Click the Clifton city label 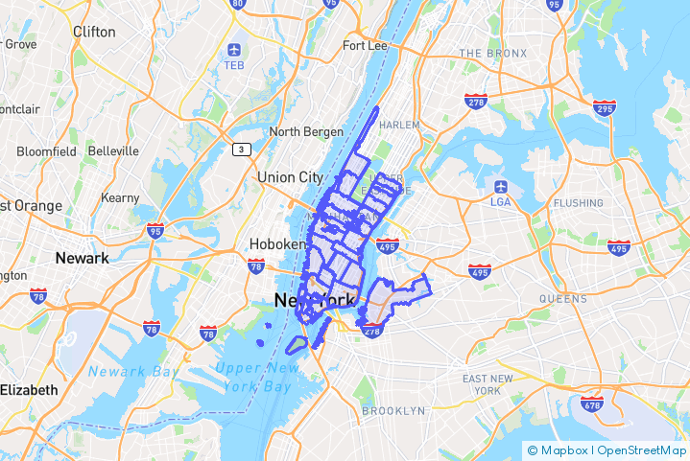click(94, 32)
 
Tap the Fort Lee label click(365, 45)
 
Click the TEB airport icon click(235, 50)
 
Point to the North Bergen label click(298, 131)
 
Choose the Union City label click(290, 177)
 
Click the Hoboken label click(271, 244)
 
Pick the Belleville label click(113, 151)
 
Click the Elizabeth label click(29, 390)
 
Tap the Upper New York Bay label click(251, 378)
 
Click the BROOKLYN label click(393, 411)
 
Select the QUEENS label click(562, 299)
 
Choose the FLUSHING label click(579, 203)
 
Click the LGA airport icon click(500, 185)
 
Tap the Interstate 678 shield click(593, 405)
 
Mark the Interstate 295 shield click(605, 108)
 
